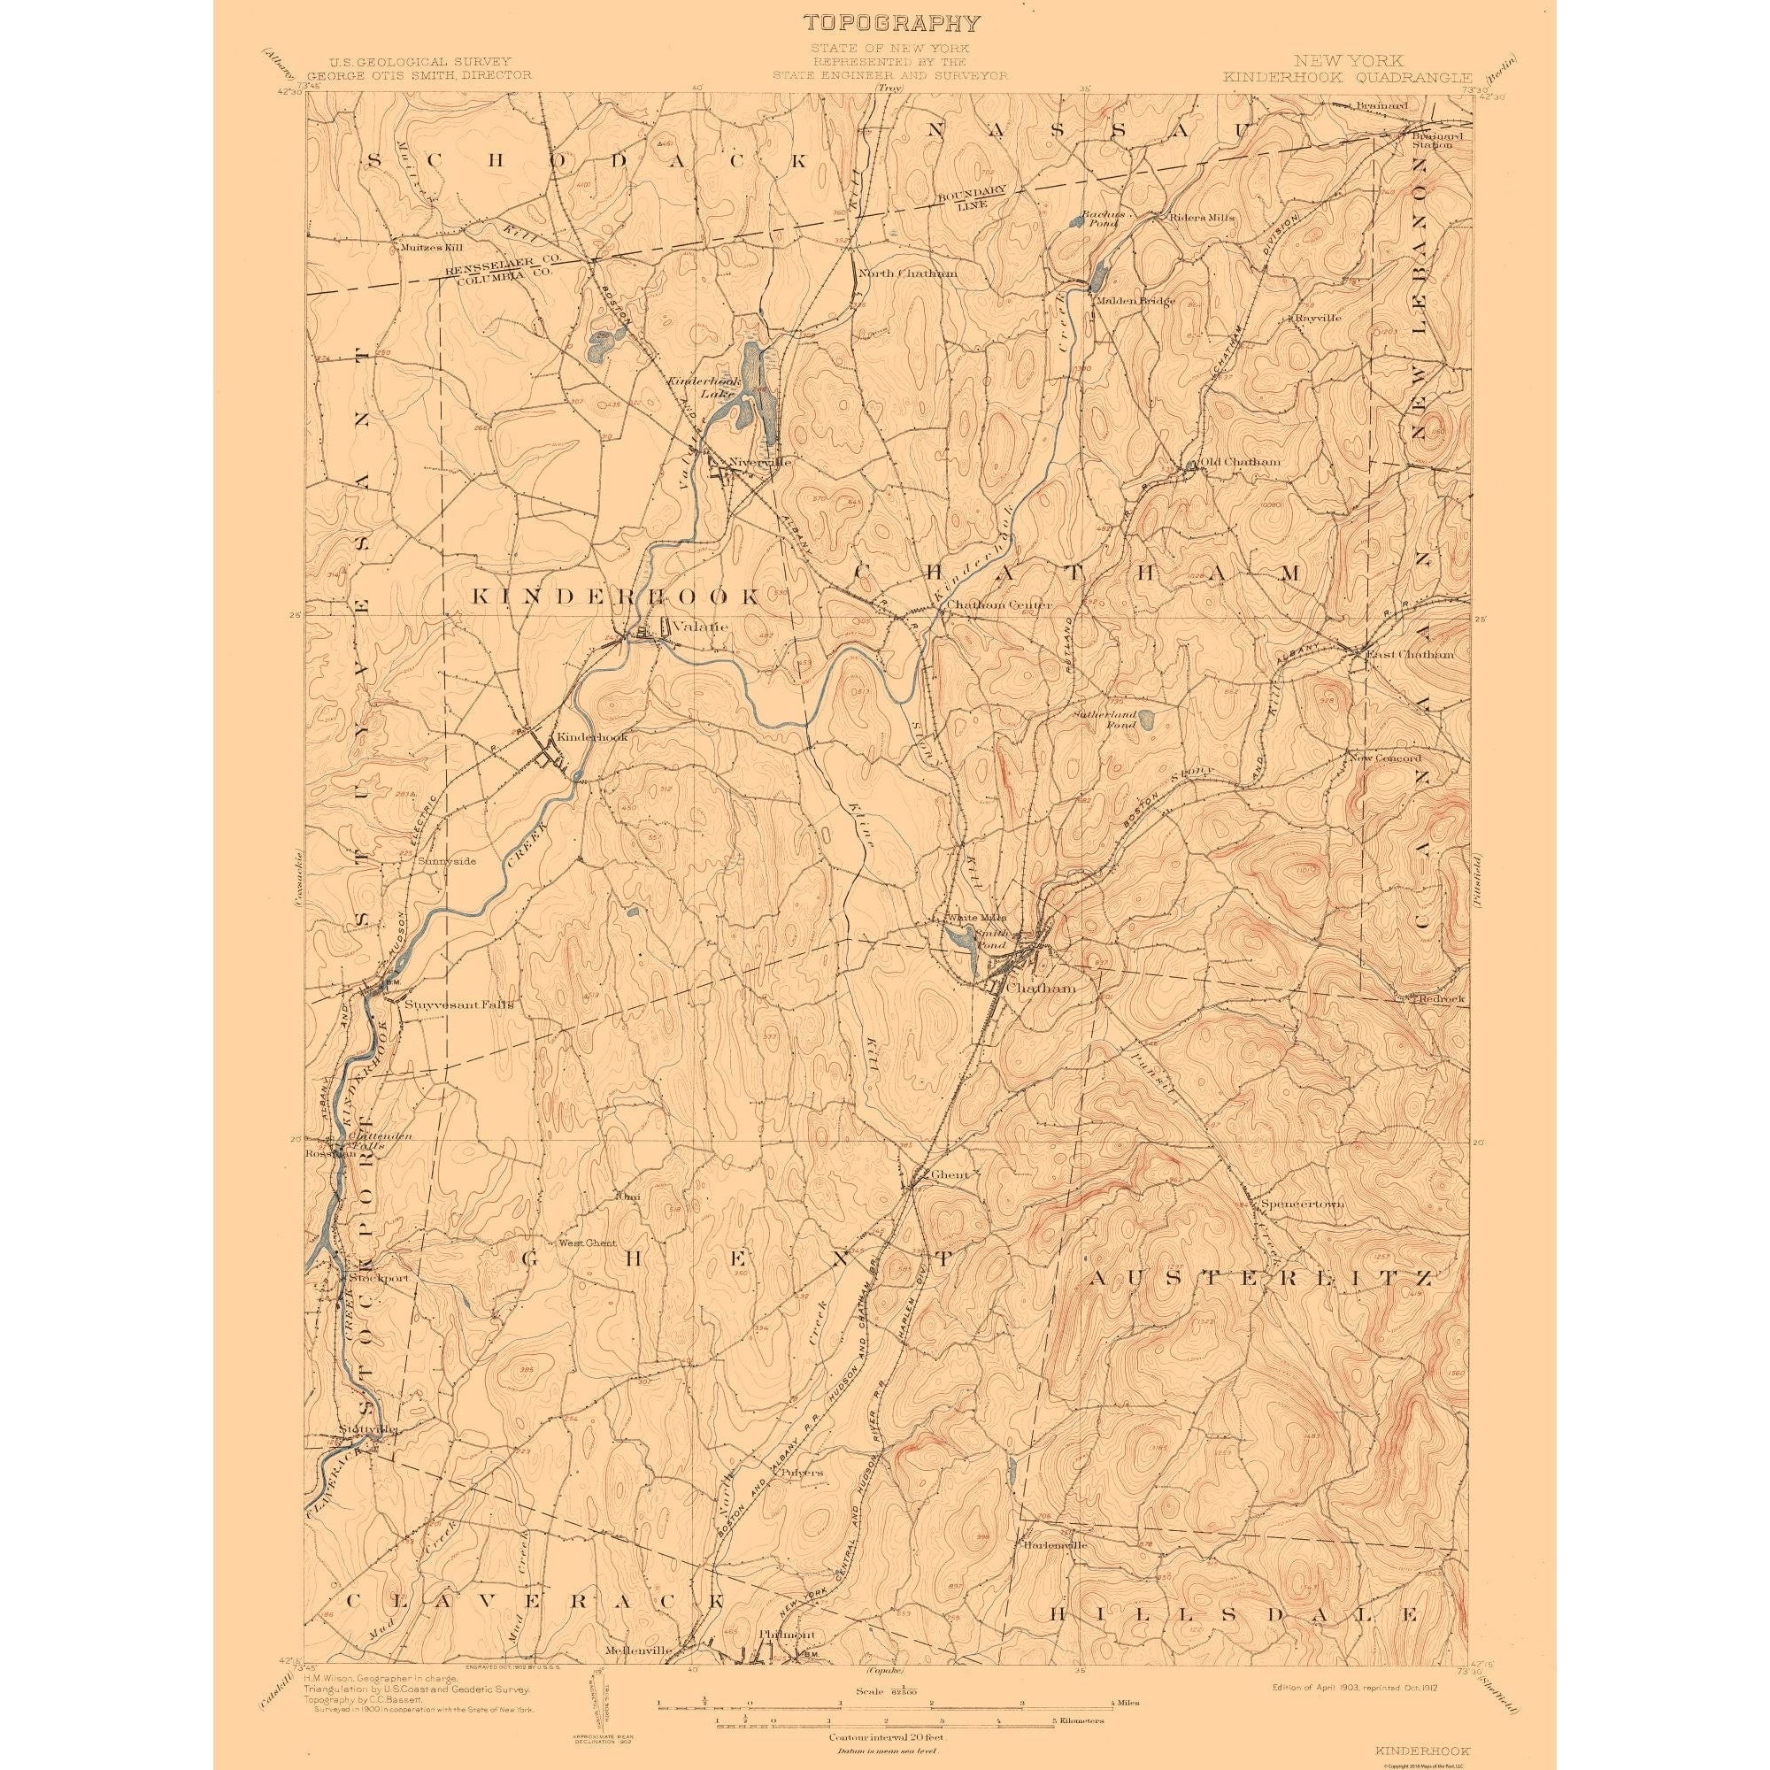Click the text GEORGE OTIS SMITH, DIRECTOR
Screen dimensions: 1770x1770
tap(419, 76)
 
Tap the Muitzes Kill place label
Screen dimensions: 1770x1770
tap(422, 246)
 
